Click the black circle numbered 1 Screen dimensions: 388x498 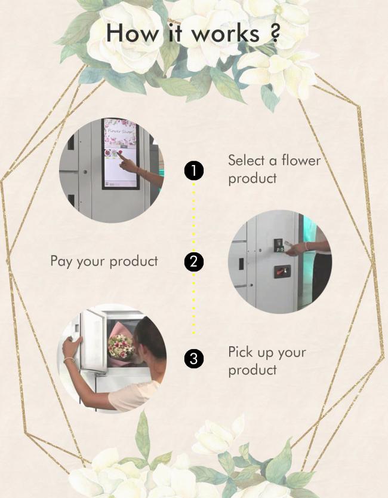point(193,170)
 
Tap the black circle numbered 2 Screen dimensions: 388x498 point(193,262)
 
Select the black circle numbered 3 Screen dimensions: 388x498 point(193,359)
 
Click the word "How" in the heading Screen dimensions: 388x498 point(132,33)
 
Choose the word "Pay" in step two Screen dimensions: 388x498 point(61,262)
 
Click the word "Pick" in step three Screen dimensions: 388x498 point(241,352)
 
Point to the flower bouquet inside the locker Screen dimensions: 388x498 point(122,346)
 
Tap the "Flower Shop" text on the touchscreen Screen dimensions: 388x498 point(121,130)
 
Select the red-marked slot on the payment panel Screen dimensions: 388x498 point(282,271)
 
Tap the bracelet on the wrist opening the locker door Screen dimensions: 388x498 point(69,360)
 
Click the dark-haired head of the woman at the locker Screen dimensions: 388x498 point(150,337)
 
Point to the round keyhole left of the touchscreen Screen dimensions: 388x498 point(85,172)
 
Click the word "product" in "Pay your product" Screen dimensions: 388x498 point(134,262)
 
